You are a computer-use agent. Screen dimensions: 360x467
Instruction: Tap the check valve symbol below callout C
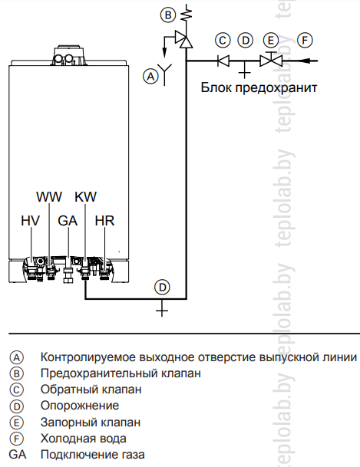point(223,61)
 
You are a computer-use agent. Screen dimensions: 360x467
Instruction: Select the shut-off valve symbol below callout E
point(271,60)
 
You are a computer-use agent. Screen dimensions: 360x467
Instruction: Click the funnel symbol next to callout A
point(165,74)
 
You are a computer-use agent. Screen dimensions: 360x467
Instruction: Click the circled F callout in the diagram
point(305,40)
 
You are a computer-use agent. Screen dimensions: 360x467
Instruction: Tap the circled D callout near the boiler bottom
point(162,288)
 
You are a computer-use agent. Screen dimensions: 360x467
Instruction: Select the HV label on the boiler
point(31,221)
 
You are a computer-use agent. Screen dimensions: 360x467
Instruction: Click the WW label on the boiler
point(49,197)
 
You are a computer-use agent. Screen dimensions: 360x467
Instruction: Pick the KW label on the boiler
point(86,197)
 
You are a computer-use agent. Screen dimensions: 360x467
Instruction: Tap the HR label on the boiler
point(104,221)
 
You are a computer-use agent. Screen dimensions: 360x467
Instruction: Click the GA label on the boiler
point(68,221)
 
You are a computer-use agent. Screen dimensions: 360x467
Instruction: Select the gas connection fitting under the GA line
point(68,275)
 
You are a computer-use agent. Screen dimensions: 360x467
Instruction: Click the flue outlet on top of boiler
point(70,55)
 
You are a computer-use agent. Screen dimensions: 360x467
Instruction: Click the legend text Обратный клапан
point(91,390)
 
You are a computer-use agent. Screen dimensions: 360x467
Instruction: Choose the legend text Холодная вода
point(84,439)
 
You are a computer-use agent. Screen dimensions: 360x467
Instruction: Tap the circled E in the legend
point(16,423)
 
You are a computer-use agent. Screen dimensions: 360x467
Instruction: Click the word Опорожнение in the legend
point(80,406)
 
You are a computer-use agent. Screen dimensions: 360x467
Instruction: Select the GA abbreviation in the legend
point(18,455)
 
